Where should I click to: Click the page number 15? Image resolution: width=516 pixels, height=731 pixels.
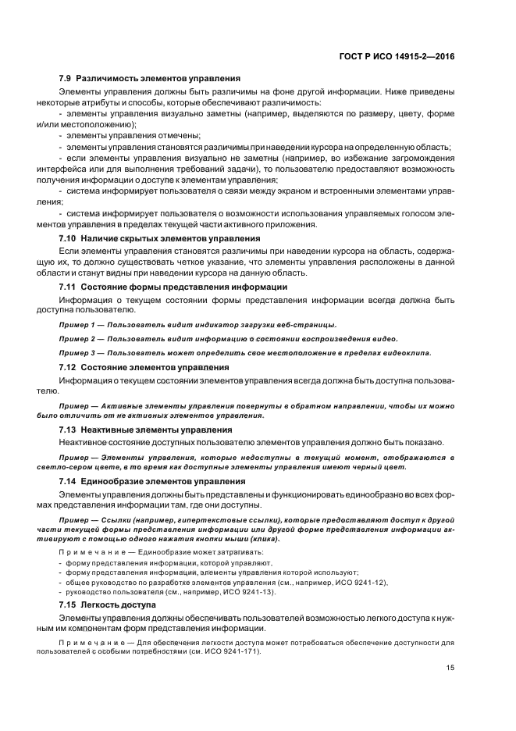[450, 667]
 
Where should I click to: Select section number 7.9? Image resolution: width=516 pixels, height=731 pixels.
[66, 80]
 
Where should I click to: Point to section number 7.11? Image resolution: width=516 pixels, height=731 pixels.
[69, 287]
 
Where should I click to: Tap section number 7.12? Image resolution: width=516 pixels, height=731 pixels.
[69, 367]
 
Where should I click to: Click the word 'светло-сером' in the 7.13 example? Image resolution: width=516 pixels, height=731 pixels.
[81, 467]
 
